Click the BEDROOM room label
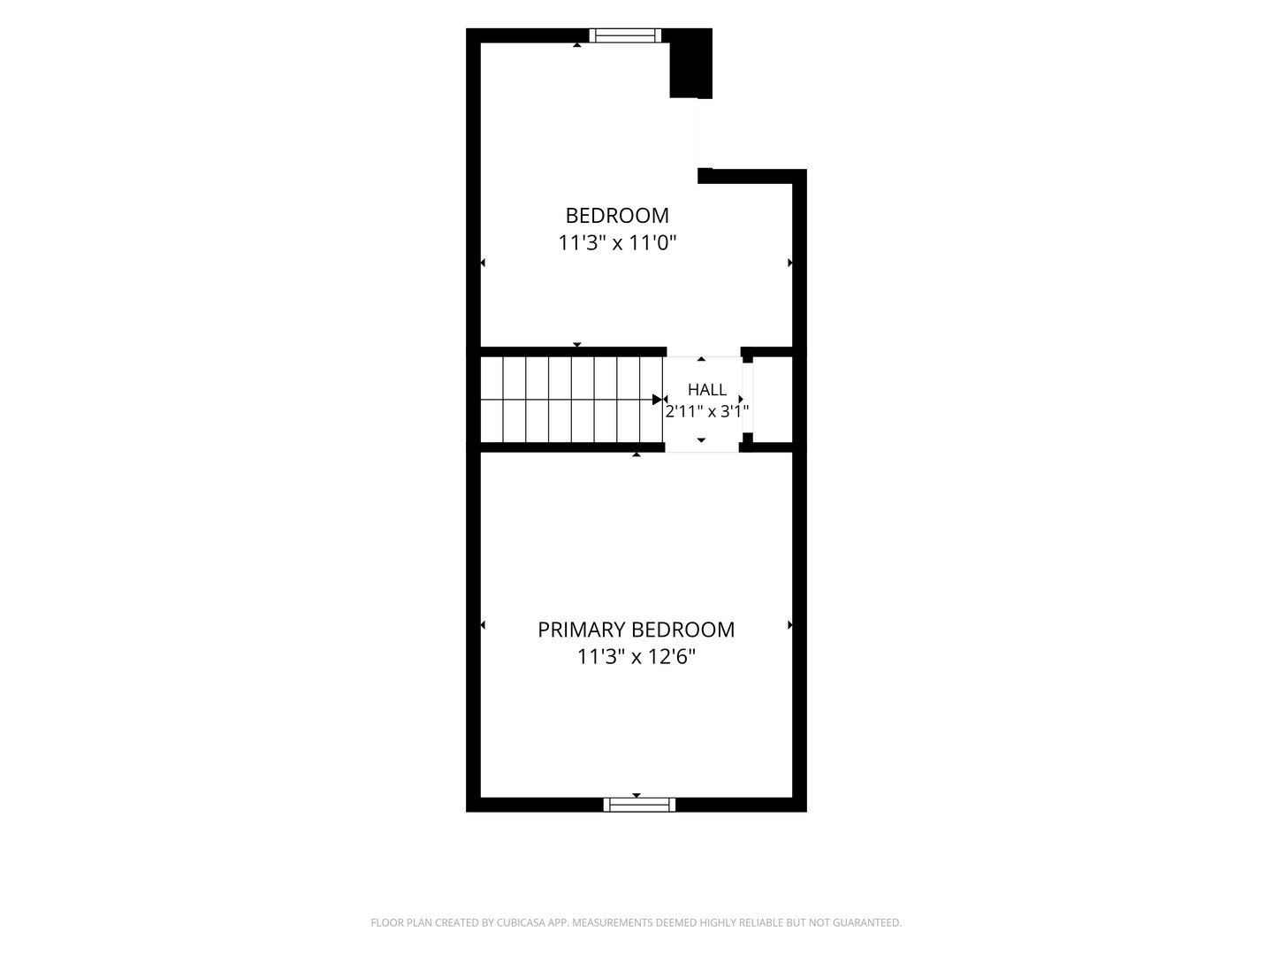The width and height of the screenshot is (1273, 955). (617, 216)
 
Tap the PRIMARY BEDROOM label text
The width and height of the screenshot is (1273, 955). (636, 630)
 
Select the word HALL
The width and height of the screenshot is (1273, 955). (707, 390)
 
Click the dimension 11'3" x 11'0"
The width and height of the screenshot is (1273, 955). (617, 242)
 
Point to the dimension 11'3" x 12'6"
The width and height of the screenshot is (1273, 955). (636, 656)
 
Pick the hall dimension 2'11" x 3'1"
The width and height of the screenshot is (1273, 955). (707, 411)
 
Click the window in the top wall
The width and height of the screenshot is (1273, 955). (625, 35)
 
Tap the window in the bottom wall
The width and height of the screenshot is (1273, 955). (639, 805)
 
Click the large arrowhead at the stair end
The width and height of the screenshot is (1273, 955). (657, 400)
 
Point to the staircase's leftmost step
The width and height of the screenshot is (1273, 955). (492, 400)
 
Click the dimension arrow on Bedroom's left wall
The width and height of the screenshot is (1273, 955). (483, 264)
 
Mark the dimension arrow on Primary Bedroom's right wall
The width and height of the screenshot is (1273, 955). (790, 625)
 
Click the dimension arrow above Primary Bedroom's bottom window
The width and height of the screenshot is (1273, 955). (636, 796)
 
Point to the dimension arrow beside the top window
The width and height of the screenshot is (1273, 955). (577, 44)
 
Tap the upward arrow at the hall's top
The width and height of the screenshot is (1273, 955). (701, 360)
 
